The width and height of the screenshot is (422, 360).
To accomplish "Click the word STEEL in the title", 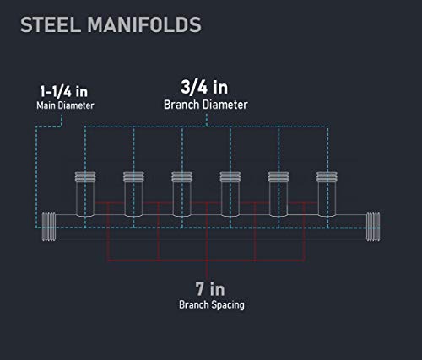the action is [51, 24].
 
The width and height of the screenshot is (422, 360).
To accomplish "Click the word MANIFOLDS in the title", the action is [144, 24].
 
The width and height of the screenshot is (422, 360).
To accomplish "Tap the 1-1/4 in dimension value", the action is [64, 91].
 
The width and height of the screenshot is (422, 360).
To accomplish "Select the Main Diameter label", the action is [65, 105].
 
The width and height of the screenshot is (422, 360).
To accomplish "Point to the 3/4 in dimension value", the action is [204, 87].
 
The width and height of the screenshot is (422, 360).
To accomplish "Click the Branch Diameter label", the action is [206, 105].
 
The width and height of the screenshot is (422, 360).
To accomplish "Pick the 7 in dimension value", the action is [210, 289].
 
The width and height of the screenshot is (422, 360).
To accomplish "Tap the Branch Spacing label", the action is [212, 304].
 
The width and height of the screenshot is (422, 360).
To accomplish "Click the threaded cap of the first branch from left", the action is [85, 177].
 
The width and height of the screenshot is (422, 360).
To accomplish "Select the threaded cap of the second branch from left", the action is [133, 177].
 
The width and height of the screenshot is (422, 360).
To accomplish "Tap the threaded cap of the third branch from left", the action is [182, 177].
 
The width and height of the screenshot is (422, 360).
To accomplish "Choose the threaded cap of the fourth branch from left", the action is [230, 177].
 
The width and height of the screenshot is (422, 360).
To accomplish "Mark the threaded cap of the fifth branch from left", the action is [279, 177].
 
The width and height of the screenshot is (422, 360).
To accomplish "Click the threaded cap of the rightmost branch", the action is [327, 177].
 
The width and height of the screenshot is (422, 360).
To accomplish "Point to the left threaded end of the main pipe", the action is [49, 227].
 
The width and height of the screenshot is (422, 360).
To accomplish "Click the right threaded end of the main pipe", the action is [373, 227].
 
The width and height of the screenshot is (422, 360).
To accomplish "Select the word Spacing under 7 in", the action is [228, 305].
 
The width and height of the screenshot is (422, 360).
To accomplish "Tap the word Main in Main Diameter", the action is [46, 105].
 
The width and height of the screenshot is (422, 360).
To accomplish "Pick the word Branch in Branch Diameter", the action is [181, 105].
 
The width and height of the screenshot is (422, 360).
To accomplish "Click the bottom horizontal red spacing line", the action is [206, 261].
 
